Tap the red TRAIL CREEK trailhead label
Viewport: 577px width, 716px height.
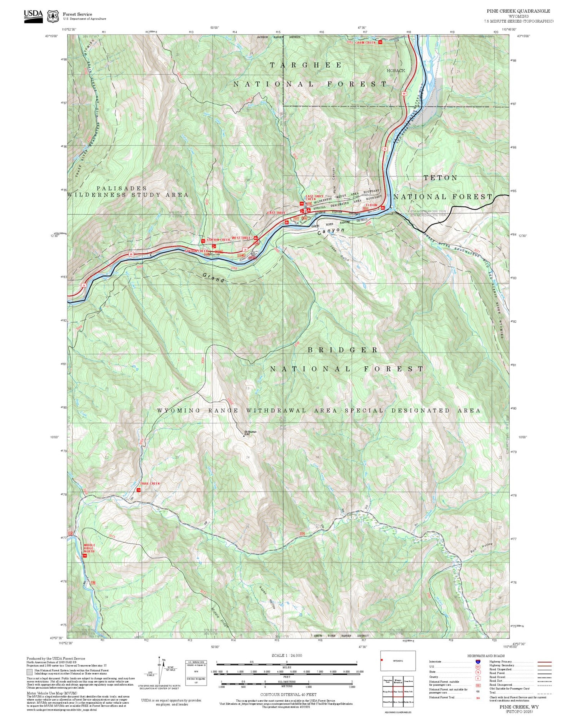[x=149, y=483]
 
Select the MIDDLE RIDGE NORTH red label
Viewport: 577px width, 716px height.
[x=89, y=548]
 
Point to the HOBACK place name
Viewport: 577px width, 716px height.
[x=396, y=71]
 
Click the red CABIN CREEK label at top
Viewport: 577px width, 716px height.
[x=365, y=43]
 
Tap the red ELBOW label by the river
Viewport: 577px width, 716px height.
[x=372, y=205]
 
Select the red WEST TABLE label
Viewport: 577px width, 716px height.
[x=241, y=238]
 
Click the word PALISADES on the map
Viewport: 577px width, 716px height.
[x=122, y=188]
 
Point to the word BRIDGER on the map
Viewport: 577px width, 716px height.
[x=343, y=350]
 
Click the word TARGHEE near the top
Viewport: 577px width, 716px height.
[x=306, y=65]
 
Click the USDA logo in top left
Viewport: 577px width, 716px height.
[x=33, y=15]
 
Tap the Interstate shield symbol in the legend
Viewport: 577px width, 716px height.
[x=478, y=661]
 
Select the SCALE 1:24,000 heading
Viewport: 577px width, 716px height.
[x=287, y=655]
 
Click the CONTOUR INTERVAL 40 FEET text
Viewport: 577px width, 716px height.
[x=288, y=694]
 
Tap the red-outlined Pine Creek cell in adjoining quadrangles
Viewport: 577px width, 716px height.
[x=398, y=691]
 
